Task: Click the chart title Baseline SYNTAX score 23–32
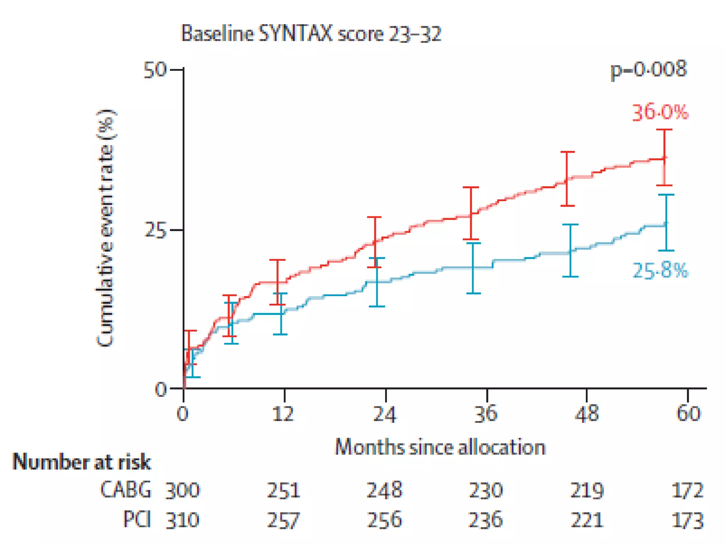click(x=311, y=34)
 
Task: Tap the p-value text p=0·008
click(x=649, y=69)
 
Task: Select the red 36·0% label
click(x=660, y=113)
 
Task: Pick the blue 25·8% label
click(x=660, y=271)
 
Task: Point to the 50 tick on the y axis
click(x=155, y=70)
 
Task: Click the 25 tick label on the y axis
click(x=155, y=230)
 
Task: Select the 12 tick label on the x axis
click(x=283, y=413)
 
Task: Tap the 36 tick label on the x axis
click(x=486, y=413)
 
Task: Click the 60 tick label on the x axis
click(x=688, y=413)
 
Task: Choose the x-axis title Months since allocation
click(x=440, y=447)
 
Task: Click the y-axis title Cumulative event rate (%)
click(x=105, y=228)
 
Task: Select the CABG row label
click(x=126, y=490)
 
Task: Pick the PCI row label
click(x=137, y=520)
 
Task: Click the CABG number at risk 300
click(x=183, y=491)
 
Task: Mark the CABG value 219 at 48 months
click(x=587, y=491)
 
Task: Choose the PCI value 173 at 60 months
click(x=687, y=520)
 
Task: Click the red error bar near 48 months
click(x=567, y=179)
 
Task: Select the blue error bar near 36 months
click(x=474, y=268)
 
